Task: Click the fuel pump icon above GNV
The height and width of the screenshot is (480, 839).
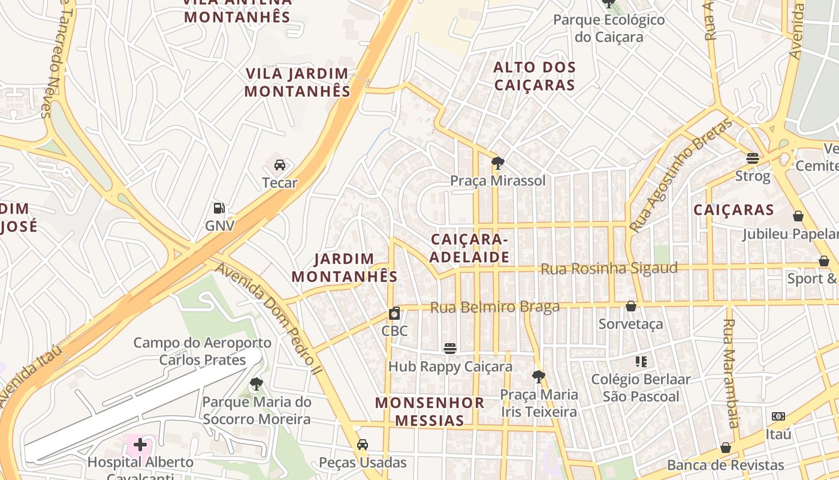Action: coord(219,209)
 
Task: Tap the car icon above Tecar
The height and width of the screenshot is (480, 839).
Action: coord(279,165)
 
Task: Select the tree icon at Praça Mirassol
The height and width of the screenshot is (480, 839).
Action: coord(497,163)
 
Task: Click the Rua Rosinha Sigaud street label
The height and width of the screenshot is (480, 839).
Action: coord(609,268)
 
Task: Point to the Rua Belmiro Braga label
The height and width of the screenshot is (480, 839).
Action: coord(494,307)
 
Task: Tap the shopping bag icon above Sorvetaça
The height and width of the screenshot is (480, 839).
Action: coord(631,307)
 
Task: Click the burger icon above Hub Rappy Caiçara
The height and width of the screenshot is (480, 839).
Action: coord(450,349)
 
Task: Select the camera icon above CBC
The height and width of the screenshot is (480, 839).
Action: coord(394,313)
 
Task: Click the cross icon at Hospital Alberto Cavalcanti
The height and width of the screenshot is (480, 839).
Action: coord(140,445)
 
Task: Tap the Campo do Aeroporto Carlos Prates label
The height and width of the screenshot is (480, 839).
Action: coord(202,351)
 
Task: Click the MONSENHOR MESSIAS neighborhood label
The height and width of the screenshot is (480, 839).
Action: coord(430,411)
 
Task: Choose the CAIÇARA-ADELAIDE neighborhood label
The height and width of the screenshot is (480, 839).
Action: coord(470,248)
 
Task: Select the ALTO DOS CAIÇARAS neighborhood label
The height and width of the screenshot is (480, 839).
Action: coord(534,76)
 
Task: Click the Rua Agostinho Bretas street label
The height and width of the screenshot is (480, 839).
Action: coord(681,175)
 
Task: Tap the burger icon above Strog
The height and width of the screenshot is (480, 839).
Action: coord(753,158)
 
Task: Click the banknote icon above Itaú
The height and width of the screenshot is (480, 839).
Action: coord(778,416)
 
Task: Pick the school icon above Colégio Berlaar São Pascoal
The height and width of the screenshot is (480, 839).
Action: coord(641,362)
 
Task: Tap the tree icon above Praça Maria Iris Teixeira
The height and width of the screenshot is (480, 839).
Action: coord(538,377)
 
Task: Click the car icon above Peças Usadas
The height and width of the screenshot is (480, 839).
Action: coord(362,445)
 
